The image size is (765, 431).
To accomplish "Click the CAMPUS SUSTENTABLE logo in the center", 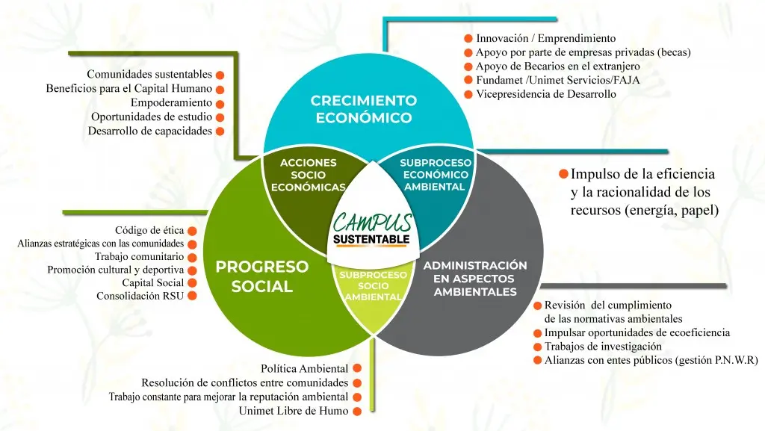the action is pos(372,229).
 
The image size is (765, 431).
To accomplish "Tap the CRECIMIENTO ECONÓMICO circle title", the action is pos(364,109).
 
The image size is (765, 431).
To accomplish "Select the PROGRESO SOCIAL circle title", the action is pos(262,276).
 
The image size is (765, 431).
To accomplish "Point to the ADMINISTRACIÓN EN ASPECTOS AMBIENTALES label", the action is pos(474,279).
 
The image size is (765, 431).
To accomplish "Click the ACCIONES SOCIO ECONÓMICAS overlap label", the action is pos(309,175).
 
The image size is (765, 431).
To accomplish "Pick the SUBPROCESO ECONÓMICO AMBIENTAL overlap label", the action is pos(436,175).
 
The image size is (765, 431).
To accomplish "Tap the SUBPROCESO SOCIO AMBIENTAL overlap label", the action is pos(374,285).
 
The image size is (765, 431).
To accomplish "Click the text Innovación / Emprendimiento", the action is pos(546,38).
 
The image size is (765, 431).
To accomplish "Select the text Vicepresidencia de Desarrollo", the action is pos(546,94).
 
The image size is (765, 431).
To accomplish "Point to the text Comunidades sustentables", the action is pos(149,74).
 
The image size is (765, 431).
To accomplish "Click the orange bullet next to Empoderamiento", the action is pos(220,104).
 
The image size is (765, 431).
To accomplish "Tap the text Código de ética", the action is pos(149,230).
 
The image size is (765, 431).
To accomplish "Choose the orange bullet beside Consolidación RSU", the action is pos(192,296).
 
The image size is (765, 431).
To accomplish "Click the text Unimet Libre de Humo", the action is pos(293,411).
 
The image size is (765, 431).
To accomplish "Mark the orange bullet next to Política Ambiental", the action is pos(357,368).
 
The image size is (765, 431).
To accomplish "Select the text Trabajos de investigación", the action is pos(603,347).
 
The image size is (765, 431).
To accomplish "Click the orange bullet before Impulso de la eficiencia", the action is pos(563,173).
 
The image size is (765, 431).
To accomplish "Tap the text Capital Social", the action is pos(152,283).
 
